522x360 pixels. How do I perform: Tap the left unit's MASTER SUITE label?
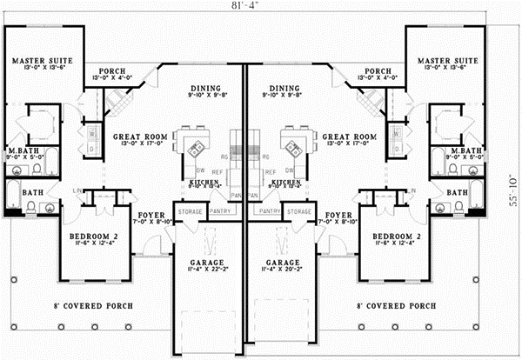coord(41,61)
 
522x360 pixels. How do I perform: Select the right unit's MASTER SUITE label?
coord(445,61)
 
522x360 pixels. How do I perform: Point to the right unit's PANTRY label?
coord(271,211)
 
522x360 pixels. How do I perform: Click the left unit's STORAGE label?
coord(190,211)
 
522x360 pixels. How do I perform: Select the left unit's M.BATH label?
coord(21,152)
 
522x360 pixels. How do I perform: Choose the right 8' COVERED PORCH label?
coord(396,306)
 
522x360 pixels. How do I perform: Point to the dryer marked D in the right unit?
coord(396,149)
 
